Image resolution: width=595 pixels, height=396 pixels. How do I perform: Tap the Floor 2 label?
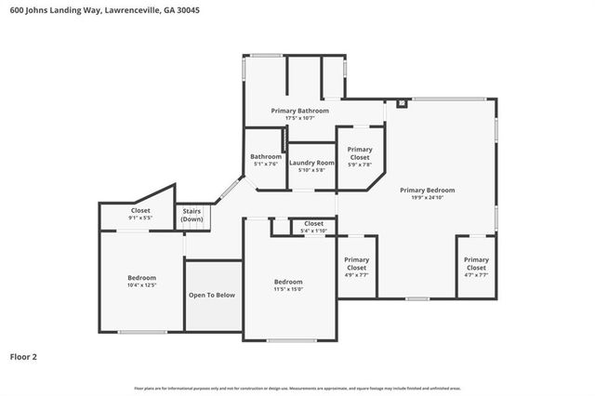(x=23, y=356)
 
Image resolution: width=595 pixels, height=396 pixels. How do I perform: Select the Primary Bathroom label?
(x=299, y=111)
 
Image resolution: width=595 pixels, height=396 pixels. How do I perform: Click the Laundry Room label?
(x=311, y=163)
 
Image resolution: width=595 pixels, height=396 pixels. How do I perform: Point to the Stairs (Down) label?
(x=192, y=215)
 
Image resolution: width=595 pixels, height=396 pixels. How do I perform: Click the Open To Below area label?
(x=212, y=295)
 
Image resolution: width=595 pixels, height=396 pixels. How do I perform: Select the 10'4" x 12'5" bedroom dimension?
(x=141, y=285)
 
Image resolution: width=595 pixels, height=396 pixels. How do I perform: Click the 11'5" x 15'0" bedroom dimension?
(x=288, y=289)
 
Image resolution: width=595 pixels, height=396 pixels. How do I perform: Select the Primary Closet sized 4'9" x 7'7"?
(x=356, y=267)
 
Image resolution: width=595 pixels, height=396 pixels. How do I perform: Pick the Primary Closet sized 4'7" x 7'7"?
(x=475, y=267)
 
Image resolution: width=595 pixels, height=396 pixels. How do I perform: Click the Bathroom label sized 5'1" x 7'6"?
(x=265, y=160)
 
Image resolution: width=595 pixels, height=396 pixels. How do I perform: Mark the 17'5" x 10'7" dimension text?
(x=299, y=118)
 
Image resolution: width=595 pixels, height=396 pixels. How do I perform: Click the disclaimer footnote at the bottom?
(x=297, y=388)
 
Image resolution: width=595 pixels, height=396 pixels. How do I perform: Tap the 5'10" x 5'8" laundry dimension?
(x=311, y=170)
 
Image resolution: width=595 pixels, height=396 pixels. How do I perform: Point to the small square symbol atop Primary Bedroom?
(x=401, y=104)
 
